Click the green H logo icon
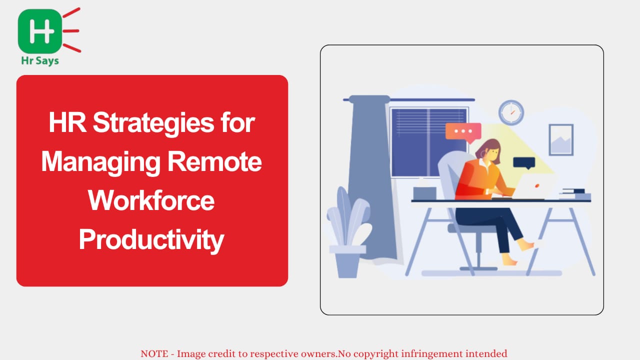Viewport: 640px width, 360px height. [39, 31]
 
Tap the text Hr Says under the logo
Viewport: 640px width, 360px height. [40, 61]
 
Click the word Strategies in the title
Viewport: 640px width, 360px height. [153, 123]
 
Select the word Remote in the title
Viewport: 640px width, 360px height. [214, 161]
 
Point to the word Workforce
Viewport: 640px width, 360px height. [151, 200]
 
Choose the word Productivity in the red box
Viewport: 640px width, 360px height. [151, 240]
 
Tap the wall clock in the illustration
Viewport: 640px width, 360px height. [511, 112]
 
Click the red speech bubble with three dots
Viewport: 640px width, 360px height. [463, 131]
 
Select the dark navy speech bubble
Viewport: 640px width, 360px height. [524, 163]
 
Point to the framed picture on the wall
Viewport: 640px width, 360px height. [561, 139]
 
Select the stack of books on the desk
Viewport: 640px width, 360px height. [575, 194]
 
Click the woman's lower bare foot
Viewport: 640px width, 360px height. [509, 260]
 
